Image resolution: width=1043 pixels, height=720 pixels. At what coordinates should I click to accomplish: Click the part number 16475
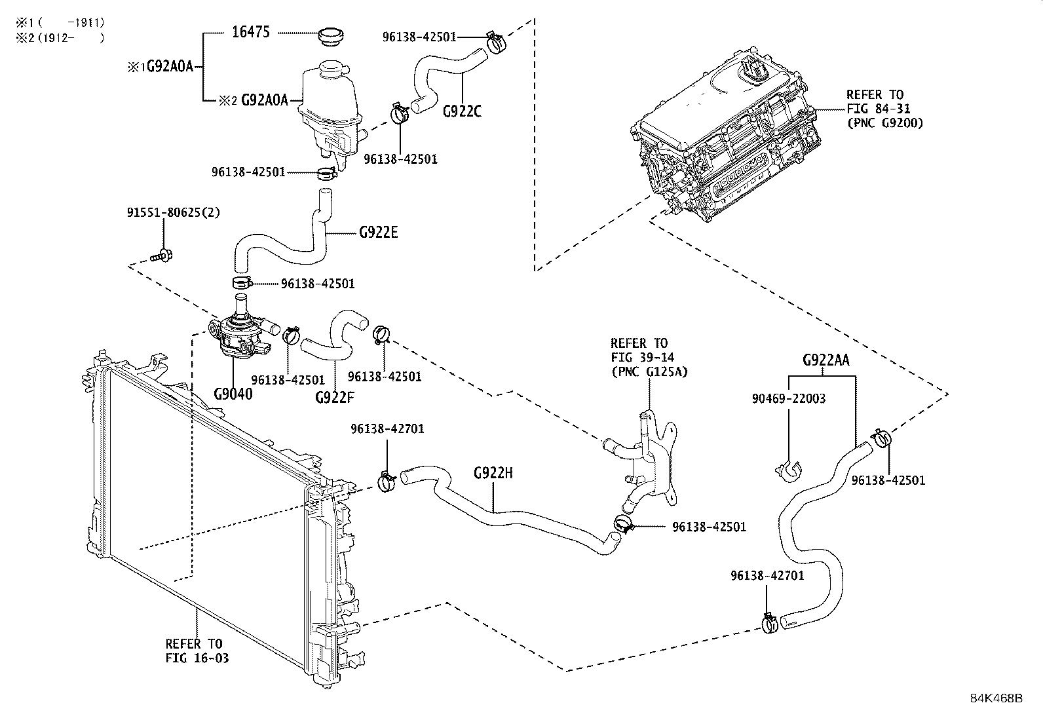click(250, 32)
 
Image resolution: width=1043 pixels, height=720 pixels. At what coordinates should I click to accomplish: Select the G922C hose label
click(462, 111)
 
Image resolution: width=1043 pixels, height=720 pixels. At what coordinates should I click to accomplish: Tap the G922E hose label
click(379, 232)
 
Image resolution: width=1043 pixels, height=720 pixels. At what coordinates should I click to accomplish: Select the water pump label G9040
click(233, 394)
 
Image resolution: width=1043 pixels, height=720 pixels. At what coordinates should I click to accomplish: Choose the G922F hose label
click(335, 397)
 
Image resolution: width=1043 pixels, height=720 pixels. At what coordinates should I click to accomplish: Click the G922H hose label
click(493, 472)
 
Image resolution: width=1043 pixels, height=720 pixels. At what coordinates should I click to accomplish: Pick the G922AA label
click(826, 360)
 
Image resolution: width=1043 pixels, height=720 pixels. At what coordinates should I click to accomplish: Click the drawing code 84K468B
click(996, 698)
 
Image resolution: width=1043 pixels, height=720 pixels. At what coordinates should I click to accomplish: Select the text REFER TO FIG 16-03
click(195, 651)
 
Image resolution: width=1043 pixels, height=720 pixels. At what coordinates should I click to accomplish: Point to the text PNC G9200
click(885, 123)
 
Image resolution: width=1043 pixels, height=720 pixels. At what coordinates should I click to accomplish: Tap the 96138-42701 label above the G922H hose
click(387, 429)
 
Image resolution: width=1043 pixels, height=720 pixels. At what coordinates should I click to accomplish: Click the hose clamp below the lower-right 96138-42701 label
click(770, 623)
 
